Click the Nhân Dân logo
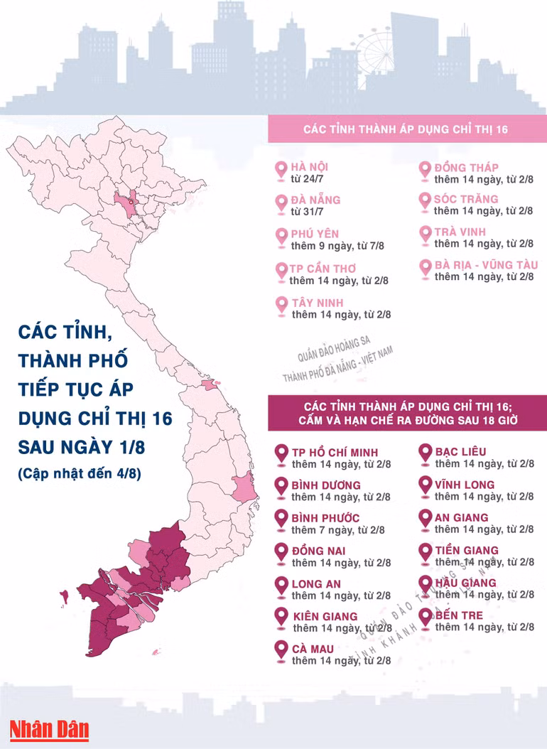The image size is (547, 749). pyautogui.click(x=48, y=729)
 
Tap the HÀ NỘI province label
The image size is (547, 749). pyautogui.click(x=309, y=167)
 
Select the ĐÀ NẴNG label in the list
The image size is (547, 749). pyautogui.click(x=315, y=200)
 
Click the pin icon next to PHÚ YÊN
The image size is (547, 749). pyautogui.click(x=281, y=235)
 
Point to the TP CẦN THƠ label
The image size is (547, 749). pyautogui.click(x=323, y=269)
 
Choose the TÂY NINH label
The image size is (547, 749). pyautogui.click(x=318, y=303)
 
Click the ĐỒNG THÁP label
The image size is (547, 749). pyautogui.click(x=466, y=168)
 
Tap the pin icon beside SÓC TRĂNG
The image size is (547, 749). pyautogui.click(x=424, y=201)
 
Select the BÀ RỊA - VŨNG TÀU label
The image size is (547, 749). pyautogui.click(x=486, y=265)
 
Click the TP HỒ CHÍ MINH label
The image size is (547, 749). pyautogui.click(x=335, y=452)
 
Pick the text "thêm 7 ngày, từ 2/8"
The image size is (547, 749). pyautogui.click(x=338, y=530)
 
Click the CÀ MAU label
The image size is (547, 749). pyautogui.click(x=313, y=648)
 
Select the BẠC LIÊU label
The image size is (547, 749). pyautogui.click(x=461, y=452)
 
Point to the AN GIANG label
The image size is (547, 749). pyautogui.click(x=462, y=517)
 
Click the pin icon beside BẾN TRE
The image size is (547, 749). pyautogui.click(x=426, y=617)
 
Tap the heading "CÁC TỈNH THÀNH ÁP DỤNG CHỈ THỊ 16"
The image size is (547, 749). pyautogui.click(x=405, y=130)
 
